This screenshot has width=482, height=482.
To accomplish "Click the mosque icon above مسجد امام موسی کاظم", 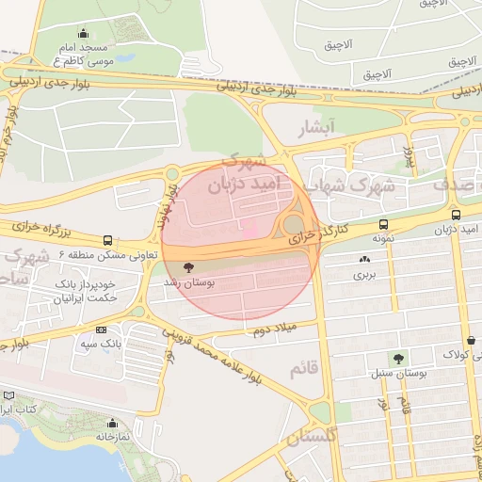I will pos(84,33).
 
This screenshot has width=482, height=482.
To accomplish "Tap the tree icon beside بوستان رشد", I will pos(188,266).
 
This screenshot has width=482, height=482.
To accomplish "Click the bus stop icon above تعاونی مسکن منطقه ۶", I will pos(107,240).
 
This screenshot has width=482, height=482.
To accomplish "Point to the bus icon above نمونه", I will pos(383,225).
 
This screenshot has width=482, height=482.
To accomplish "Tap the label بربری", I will pos(364,276).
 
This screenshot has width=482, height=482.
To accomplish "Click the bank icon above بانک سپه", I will pos(101,330).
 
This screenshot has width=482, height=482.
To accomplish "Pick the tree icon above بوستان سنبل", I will pos(399,359).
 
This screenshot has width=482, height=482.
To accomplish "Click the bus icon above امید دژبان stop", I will pos(457,214).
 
